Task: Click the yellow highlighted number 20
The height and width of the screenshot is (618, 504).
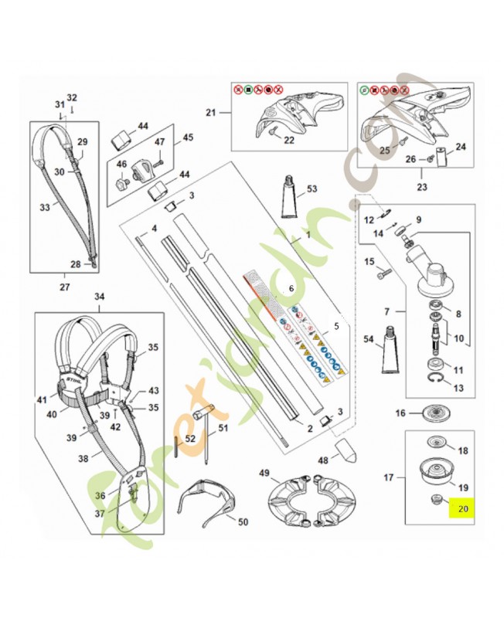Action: point(463,509)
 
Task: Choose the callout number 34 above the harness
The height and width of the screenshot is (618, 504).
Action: point(99,297)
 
